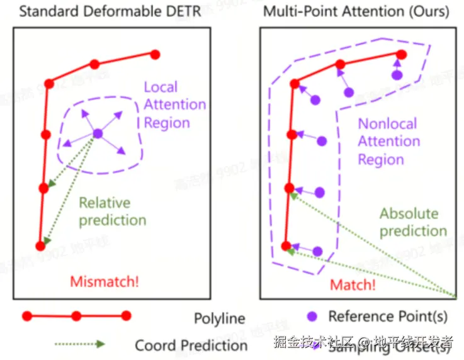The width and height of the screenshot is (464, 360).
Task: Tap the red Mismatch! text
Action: coord(105,281)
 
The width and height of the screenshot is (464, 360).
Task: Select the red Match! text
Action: coord(353,284)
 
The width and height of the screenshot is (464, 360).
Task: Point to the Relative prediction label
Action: coord(112,211)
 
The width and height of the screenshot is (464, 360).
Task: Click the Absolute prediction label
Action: coord(413,222)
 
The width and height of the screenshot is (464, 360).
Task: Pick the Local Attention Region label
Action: coord(174,104)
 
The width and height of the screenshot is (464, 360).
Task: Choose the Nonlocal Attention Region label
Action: coord(388,141)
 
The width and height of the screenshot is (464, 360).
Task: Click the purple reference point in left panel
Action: coord(98,133)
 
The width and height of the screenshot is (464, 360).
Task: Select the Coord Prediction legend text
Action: coord(191,345)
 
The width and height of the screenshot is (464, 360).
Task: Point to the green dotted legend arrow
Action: coord(79,344)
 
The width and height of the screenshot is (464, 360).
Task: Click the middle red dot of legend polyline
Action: coord(76,315)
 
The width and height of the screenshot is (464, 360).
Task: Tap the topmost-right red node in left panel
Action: coord(155,55)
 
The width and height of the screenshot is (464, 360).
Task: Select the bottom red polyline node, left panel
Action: coord(40,246)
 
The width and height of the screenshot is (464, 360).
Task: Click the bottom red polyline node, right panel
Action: coord(286,246)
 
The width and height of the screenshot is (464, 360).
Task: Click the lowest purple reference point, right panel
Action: coord(317,251)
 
